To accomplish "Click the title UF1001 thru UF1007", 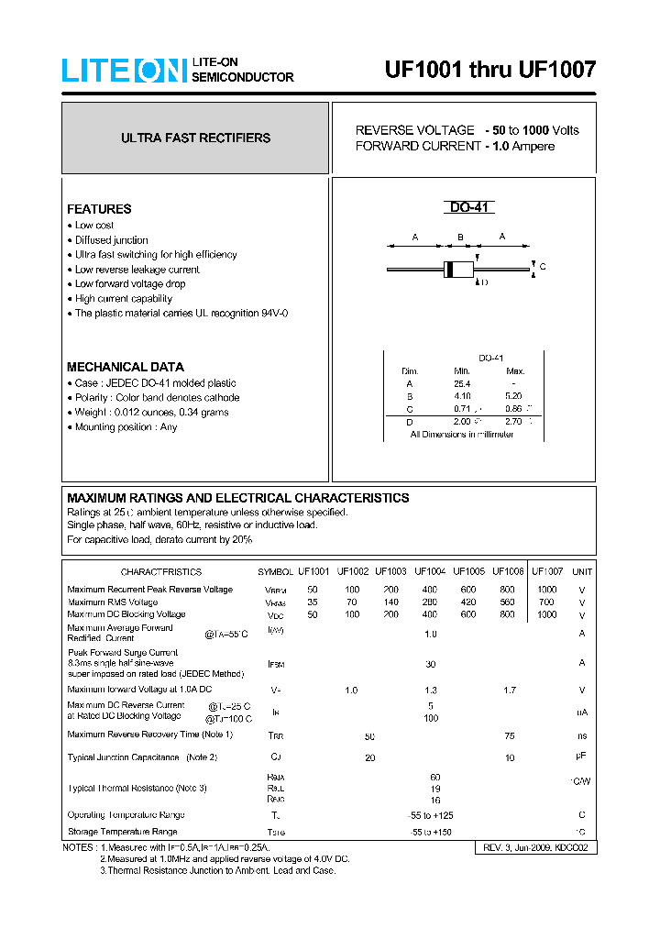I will [489, 70].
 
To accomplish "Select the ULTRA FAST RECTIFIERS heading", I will [195, 138].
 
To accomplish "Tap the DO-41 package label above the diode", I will [471, 208].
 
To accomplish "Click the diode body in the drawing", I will [457, 269].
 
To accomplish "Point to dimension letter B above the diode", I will [461, 238].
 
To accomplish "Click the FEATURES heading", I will [99, 209].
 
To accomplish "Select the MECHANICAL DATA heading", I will [126, 367].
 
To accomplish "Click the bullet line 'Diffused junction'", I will [111, 240].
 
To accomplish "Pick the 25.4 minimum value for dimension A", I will [461, 383].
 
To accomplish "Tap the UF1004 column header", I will [430, 571].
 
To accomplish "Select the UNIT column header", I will [582, 571].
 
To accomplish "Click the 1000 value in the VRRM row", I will [546, 590].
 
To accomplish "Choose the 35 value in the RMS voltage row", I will [313, 602].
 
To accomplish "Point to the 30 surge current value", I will [430, 664].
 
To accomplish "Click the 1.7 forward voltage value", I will [510, 690].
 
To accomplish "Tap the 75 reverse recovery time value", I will [510, 736].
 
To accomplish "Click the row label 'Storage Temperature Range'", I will [122, 832].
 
